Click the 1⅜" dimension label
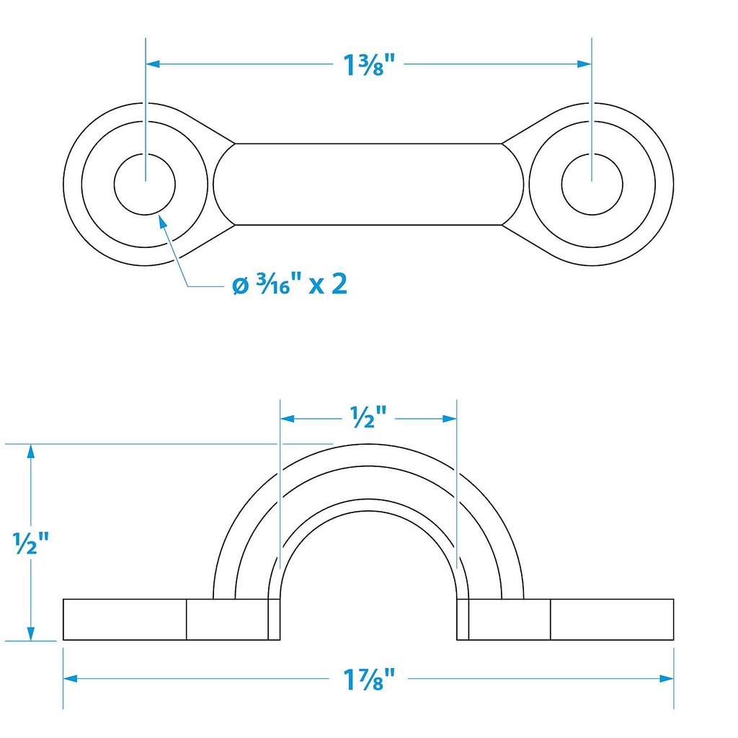[368, 64]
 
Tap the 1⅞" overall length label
[368, 679]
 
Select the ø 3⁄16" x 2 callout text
[290, 284]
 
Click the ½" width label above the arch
[368, 417]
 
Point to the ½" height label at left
[30, 543]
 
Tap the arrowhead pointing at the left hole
[162, 221]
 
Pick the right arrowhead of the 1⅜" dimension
[584, 63]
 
